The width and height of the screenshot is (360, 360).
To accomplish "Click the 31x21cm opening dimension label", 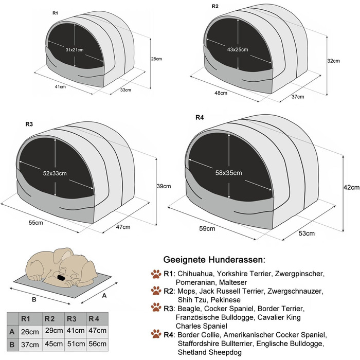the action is point(75,49).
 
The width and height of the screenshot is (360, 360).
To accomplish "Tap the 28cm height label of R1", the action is point(156,59).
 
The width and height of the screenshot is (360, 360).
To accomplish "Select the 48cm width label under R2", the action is point(221,93).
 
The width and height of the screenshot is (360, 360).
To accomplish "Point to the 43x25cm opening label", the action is point(238,49).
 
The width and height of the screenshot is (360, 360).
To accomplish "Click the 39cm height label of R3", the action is point(164,186).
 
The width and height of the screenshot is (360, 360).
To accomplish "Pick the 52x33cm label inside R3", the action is point(55,173).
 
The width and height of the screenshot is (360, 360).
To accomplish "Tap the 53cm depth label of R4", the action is point(307,233).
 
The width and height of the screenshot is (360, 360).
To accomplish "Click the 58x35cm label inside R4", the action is point(228,173).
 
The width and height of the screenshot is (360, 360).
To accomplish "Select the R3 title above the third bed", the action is point(29,124).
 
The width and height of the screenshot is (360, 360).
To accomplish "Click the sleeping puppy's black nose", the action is point(61,277).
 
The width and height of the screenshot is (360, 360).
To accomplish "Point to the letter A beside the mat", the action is point(104,296).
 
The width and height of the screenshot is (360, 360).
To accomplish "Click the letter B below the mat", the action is point(34,299).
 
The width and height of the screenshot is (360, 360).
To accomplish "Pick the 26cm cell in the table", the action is point(30,332).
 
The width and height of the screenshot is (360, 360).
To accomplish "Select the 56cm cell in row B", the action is point(97,344).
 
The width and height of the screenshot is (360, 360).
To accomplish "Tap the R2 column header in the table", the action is point(49,319).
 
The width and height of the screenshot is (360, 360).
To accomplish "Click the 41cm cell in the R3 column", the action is point(76,330).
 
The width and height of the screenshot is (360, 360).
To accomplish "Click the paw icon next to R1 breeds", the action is point(156,274).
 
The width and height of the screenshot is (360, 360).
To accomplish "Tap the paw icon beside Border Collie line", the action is point(156,334).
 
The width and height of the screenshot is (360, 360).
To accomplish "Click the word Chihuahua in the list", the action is point(195,274).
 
